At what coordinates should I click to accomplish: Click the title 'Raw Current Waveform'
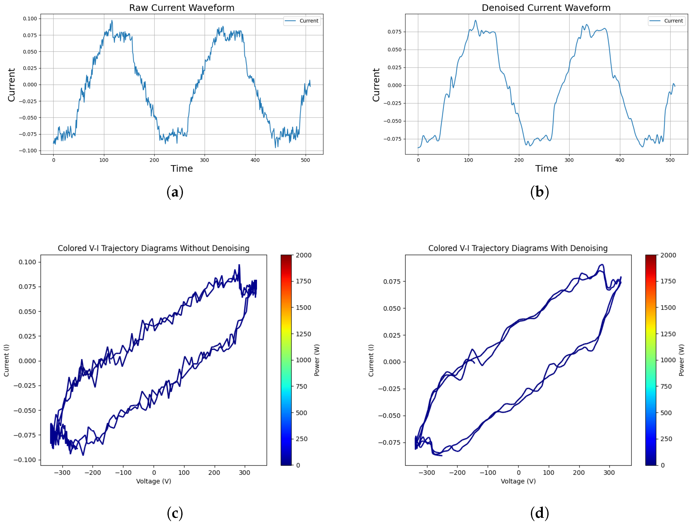(181, 8)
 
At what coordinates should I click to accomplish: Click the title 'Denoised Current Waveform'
(546, 8)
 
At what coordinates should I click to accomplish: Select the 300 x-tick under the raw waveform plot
(204, 160)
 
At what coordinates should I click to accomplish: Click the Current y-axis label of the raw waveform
(11, 85)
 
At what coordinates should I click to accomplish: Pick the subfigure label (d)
(539, 513)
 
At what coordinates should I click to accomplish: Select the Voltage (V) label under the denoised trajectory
(518, 481)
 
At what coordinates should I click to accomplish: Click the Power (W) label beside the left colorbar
(317, 360)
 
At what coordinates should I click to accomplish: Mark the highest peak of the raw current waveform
(112, 21)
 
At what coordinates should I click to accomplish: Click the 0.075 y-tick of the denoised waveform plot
(394, 32)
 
